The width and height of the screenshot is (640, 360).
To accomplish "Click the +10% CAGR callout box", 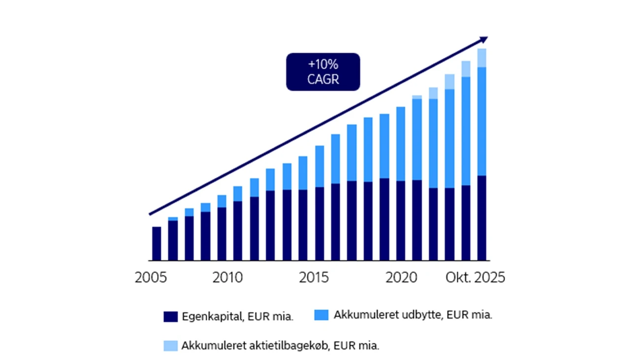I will (x=323, y=72).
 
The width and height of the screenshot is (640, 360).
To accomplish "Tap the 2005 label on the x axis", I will (x=151, y=278).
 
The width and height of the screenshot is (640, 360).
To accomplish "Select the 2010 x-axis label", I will (x=227, y=278).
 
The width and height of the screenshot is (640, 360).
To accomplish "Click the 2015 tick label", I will (x=314, y=278).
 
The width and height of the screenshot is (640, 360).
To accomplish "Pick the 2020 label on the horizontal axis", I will (x=401, y=278).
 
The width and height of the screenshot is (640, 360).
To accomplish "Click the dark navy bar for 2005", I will (x=157, y=243).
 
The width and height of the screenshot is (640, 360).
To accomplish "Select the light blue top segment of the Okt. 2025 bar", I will (x=482, y=58).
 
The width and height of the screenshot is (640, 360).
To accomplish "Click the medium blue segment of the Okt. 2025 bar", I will (x=482, y=121).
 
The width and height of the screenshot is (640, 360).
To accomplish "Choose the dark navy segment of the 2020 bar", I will (x=401, y=221).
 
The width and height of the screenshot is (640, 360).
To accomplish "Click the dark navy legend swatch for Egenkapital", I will (x=170, y=317).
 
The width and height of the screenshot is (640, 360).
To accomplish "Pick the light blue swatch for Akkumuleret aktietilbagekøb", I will (x=170, y=346).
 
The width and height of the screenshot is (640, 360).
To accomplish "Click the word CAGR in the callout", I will (x=323, y=79).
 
